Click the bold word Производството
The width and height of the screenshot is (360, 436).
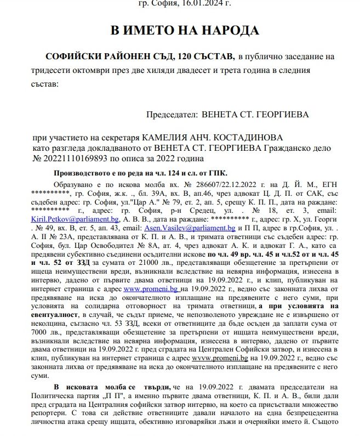pyautogui.click(x=81, y=173)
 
